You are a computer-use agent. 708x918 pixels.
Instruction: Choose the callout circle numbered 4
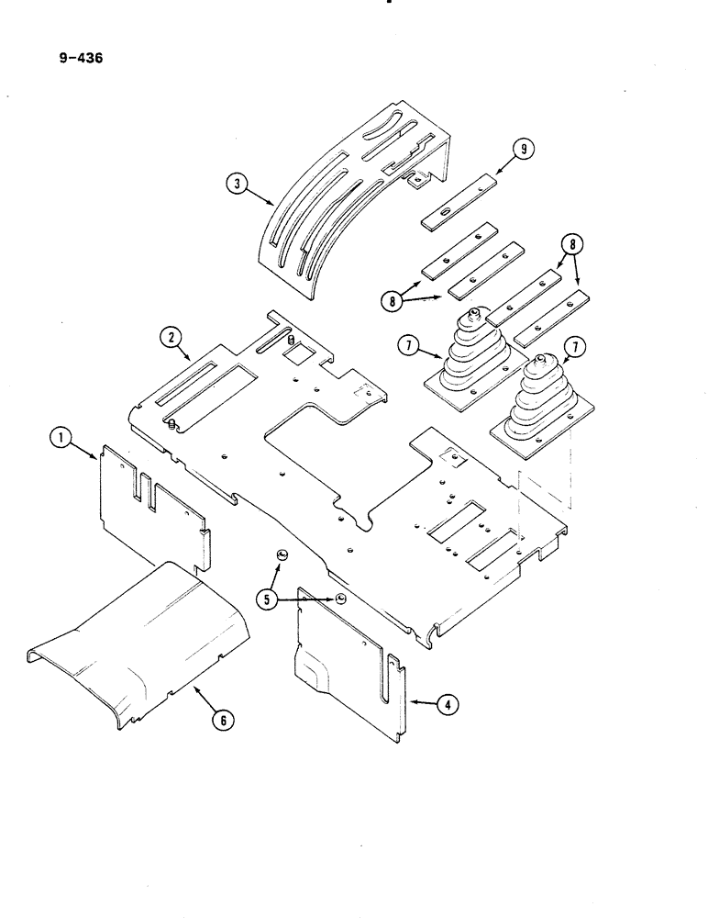tap(446, 705)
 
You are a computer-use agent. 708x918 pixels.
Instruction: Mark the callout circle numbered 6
tap(219, 720)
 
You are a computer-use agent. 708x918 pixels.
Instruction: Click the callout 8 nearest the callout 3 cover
tap(393, 299)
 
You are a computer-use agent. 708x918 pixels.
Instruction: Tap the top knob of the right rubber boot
tap(544, 359)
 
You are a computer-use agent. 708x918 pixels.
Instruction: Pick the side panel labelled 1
tap(151, 500)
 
